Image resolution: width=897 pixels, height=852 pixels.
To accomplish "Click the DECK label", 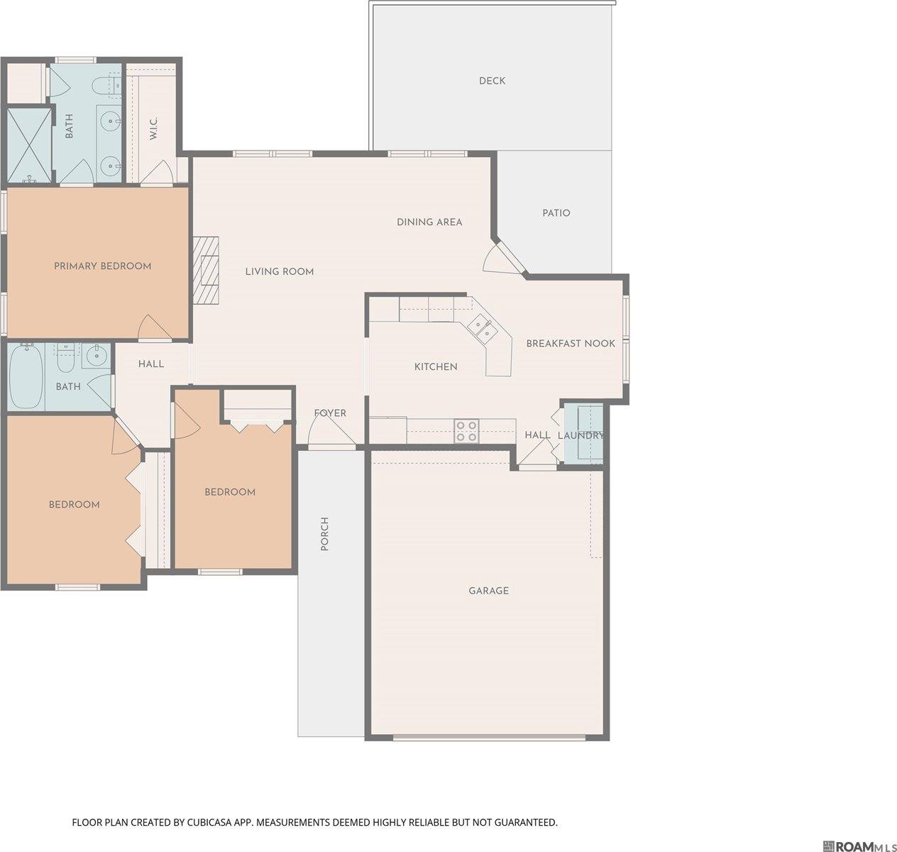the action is point(492,81).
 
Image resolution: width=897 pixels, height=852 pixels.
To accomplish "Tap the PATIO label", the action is point(556,213).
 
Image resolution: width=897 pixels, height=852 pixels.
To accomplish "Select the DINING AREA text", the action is point(429,222).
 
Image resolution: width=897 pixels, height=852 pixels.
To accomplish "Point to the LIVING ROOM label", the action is point(279,272).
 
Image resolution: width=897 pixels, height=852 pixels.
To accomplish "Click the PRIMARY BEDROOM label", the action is point(103,266).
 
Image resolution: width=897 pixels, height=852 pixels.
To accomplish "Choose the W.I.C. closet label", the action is point(153,129).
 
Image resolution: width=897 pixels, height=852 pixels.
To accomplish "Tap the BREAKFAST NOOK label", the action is point(571,344).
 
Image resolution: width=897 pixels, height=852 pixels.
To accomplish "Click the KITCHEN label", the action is point(436,366).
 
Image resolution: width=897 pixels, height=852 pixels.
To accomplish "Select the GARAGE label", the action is point(489,591).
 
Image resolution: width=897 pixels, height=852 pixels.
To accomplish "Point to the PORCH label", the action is point(324,534).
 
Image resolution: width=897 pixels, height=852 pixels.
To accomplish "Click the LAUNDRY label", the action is point(580,436).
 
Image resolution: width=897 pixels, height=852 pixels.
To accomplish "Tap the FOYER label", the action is point(330,413).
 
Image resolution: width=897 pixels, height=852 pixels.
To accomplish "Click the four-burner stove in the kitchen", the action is point(466,431).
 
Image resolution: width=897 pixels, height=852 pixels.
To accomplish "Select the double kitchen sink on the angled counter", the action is point(482,327).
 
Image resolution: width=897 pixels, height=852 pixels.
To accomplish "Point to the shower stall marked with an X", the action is point(29,146).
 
